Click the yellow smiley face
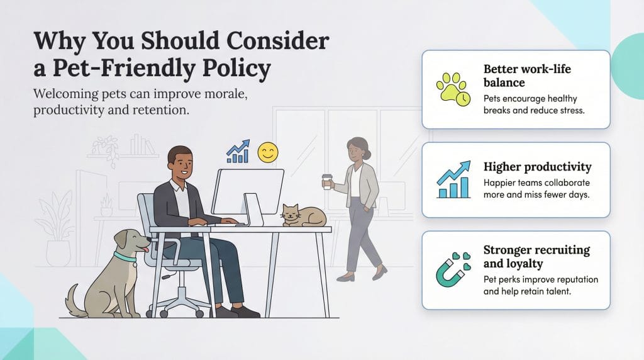point(267,153)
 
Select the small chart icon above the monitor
point(238,152)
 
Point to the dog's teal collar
point(125,257)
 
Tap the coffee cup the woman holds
point(326,181)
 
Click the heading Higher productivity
point(537,167)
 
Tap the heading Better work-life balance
point(527,76)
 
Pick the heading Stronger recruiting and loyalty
point(536,256)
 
